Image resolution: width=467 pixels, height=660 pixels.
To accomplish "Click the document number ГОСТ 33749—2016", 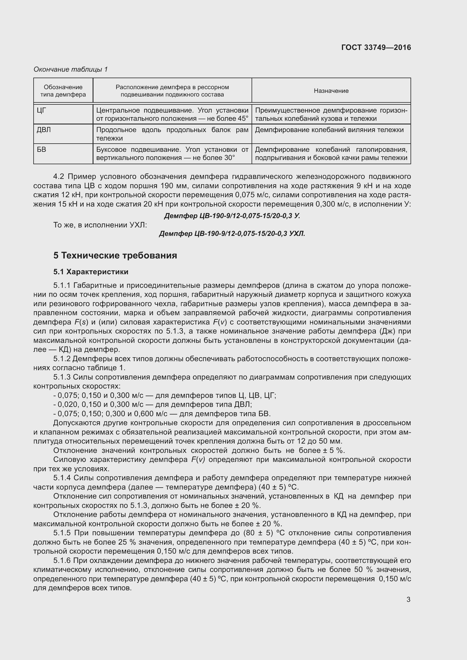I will click(376, 47).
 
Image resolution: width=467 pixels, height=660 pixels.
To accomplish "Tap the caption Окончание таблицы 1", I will click(71, 69).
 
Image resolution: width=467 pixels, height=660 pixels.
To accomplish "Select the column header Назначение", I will click(331, 91).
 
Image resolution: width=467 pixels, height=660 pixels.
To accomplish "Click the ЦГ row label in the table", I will click(42, 110).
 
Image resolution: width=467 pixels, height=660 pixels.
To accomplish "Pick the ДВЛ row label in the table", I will click(44, 130).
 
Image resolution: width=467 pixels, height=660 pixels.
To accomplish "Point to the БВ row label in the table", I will click(42, 150).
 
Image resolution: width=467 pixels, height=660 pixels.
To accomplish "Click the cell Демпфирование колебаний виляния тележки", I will click(329, 130).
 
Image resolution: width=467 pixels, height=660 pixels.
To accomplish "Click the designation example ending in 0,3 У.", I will click(232, 216).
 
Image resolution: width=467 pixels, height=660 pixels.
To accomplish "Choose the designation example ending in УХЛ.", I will click(232, 234).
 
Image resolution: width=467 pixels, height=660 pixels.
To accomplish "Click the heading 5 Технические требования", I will click(115, 255).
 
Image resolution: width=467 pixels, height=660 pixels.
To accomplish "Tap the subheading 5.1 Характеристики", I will click(91, 272).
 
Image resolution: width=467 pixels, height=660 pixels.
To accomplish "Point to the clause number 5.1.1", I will click(62, 286).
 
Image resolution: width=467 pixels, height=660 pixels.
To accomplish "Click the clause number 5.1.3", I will click(62, 377).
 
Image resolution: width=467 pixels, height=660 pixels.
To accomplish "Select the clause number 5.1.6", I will click(62, 560).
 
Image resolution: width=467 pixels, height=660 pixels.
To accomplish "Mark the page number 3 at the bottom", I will click(408, 600).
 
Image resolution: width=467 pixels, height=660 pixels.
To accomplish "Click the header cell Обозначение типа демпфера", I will click(63, 91).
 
